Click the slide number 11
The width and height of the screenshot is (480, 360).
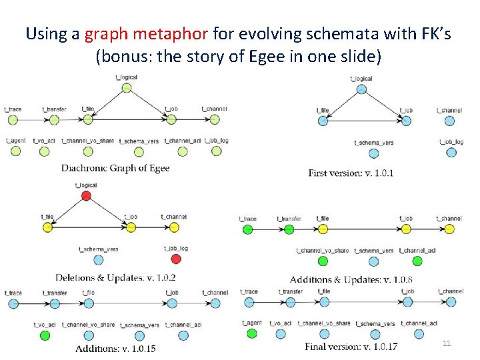click(447, 343)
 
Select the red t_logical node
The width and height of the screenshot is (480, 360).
click(85, 195)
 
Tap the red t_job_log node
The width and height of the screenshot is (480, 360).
click(176, 259)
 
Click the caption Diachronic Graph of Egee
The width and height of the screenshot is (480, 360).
click(115, 168)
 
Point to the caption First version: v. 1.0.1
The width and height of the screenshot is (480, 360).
click(351, 173)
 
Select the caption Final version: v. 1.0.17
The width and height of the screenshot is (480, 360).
click(351, 347)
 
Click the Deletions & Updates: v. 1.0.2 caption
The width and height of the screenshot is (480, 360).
click(115, 277)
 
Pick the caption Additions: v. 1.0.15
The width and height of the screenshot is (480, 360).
click(115, 349)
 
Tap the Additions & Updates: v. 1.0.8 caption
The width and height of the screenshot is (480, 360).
click(351, 279)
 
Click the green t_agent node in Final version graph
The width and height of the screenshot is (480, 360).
click(251, 333)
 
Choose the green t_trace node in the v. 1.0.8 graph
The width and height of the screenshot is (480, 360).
click(247, 229)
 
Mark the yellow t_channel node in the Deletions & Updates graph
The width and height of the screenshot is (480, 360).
click(173, 227)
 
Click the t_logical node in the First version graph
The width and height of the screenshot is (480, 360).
click(361, 89)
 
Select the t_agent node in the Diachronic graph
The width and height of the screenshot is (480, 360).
click(15, 151)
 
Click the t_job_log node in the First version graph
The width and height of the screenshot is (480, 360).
click(451, 152)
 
